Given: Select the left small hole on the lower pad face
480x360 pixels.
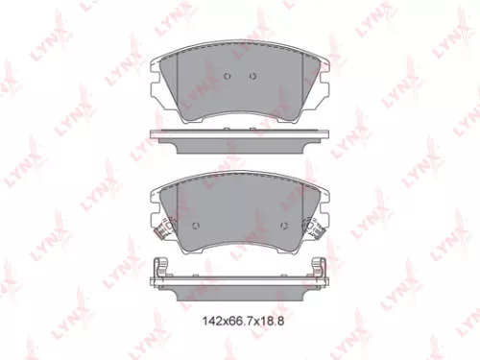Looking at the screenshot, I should [x=195, y=228].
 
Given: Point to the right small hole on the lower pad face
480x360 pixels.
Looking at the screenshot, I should [x=286, y=228].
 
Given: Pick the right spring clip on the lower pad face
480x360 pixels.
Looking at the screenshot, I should [x=315, y=229].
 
